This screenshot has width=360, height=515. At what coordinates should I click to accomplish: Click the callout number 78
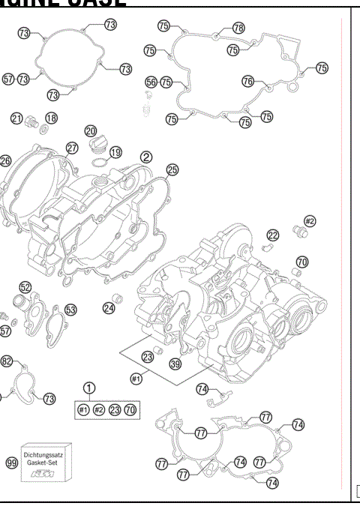pyautogui.click(x=238, y=28)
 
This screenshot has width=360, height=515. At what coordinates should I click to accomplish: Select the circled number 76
pyautogui.click(x=247, y=81)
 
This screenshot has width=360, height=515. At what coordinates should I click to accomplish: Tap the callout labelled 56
pyautogui.click(x=151, y=82)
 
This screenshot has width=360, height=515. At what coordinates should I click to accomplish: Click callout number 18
pyautogui.click(x=51, y=118)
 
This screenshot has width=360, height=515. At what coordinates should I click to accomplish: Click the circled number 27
pyautogui.click(x=72, y=148)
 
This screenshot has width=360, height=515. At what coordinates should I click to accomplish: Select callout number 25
pyautogui.click(x=172, y=170)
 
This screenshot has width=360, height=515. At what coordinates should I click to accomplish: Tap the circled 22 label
pyautogui.click(x=273, y=235)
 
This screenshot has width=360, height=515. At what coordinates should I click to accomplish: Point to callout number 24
pyautogui.click(x=109, y=307)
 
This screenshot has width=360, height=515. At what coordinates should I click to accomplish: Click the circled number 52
pyautogui.click(x=25, y=287)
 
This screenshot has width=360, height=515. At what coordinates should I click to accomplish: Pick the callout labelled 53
pyautogui.click(x=70, y=309)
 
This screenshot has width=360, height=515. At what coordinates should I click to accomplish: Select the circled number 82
pyautogui.click(x=7, y=361)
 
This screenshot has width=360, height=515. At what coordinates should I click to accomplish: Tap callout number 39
pyautogui.click(x=175, y=364)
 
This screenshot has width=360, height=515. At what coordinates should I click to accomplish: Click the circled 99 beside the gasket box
pyautogui.click(x=11, y=463)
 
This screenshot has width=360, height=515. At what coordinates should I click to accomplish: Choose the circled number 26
pyautogui.click(x=5, y=160)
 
